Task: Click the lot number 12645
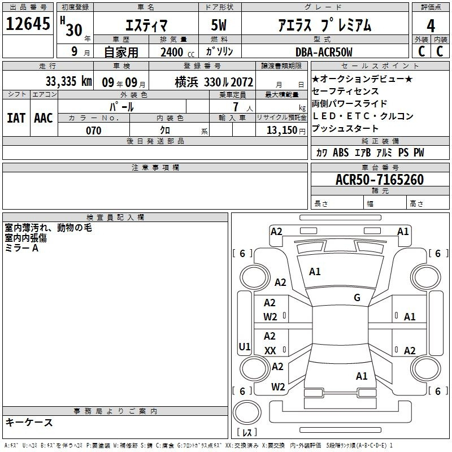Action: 28,24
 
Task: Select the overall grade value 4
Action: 431,26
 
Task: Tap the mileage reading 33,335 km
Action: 68,81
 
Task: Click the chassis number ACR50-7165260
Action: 380,179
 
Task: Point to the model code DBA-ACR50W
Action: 324,52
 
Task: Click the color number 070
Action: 94,131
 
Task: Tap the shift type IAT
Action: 16,118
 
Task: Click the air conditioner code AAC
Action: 44,118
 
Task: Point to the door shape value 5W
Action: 219,25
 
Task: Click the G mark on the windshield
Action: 357,297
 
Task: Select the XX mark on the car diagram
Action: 270,350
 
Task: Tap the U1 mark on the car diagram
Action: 245,346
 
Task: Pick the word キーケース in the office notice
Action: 29,422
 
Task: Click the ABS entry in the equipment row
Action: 341,153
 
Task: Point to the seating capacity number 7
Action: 236,107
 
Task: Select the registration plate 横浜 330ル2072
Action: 214,82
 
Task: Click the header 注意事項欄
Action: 155,167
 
